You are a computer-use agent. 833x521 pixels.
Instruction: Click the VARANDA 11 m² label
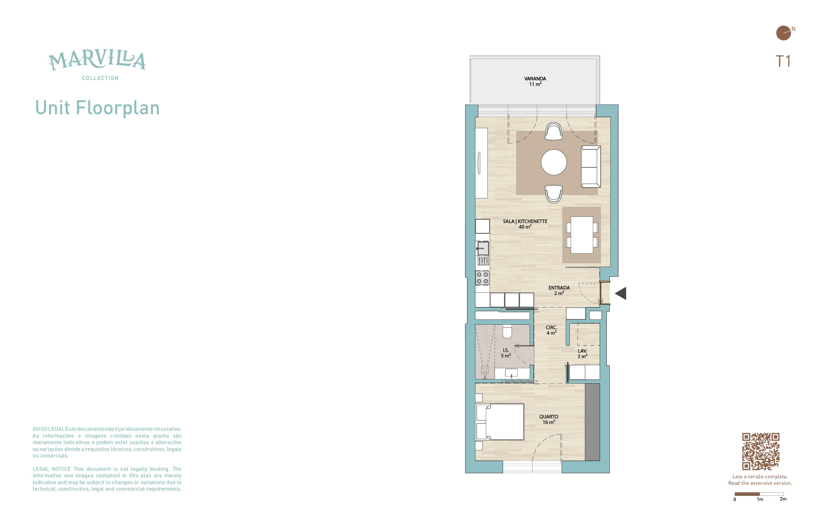[535, 81]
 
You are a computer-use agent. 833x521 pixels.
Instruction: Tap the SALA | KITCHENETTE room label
[525, 224]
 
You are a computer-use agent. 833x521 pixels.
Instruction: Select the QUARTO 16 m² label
[549, 419]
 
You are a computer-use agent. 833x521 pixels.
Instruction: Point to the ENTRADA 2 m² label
[559, 290]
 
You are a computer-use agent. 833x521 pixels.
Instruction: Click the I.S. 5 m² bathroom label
[506, 353]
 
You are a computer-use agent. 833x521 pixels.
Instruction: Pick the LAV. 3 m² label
[582, 354]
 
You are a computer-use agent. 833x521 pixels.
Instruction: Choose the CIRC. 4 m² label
[552, 330]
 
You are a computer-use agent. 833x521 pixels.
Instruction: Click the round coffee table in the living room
[554, 162]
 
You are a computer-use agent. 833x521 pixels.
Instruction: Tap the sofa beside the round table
[591, 167]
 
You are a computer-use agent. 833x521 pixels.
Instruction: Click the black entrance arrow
[621, 293]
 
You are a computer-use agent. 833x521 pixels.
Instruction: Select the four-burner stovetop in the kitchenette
[482, 278]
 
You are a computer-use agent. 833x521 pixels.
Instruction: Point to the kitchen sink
[483, 248]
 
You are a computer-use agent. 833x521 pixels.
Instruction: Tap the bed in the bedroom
[500, 422]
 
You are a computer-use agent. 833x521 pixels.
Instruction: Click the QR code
[760, 451]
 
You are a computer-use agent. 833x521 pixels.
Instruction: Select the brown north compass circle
[784, 33]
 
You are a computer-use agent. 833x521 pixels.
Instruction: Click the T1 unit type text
[783, 61]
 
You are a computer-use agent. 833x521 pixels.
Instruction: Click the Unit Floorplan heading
[97, 108]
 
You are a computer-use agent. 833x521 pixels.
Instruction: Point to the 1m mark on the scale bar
[760, 499]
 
